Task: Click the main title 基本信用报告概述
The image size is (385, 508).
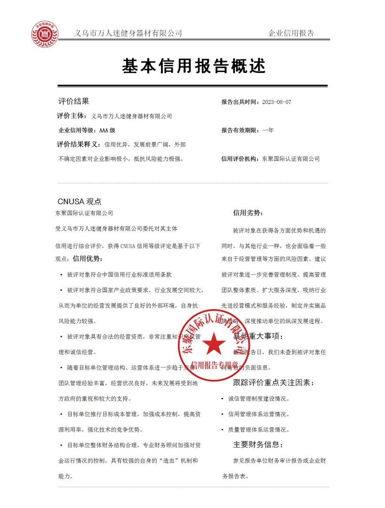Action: click(x=194, y=66)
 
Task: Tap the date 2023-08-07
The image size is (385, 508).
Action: click(x=276, y=102)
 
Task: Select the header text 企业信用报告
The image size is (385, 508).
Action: click(x=291, y=33)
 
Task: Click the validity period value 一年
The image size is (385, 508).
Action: click(x=268, y=130)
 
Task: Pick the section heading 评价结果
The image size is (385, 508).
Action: click(x=73, y=101)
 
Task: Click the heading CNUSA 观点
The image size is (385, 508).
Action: click(x=80, y=201)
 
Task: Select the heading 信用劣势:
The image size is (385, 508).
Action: click(x=248, y=213)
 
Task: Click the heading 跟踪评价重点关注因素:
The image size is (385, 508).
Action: click(x=273, y=383)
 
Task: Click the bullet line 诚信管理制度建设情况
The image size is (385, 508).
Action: click(x=258, y=399)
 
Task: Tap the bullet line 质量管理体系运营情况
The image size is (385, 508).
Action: click(x=258, y=429)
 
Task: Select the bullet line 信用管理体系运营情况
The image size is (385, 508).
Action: click(x=258, y=414)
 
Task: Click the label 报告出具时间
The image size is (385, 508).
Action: click(x=240, y=102)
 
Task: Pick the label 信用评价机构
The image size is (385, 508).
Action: click(x=240, y=159)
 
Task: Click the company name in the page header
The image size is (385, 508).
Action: click(x=128, y=33)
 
